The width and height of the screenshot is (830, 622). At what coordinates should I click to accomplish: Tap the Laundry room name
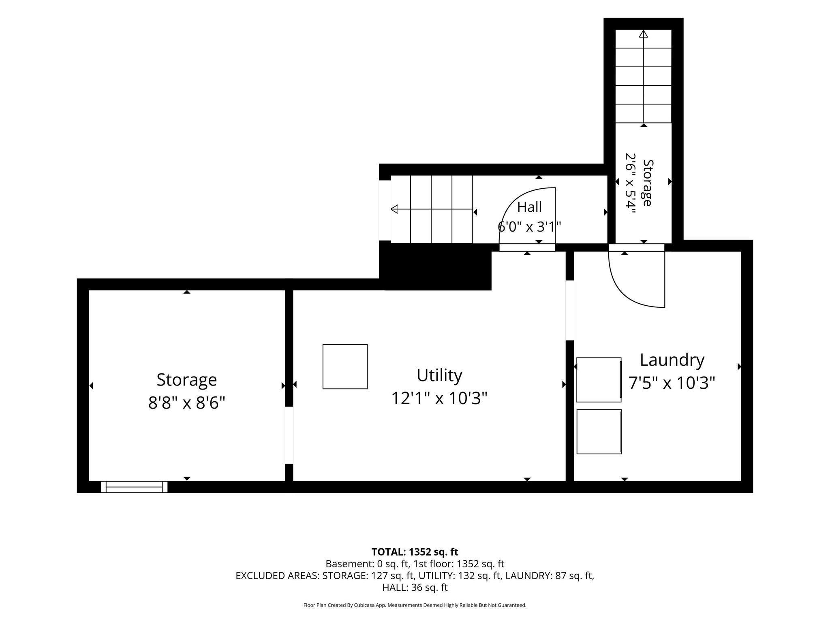pyautogui.click(x=672, y=360)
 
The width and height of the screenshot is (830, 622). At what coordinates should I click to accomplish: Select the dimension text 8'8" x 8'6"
pyautogui.click(x=186, y=403)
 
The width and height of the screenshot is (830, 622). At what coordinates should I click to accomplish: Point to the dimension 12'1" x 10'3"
pyautogui.click(x=439, y=398)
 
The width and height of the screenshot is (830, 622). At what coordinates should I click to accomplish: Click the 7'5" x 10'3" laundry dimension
pyautogui.click(x=672, y=383)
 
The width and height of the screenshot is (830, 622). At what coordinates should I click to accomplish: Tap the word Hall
pyautogui.click(x=529, y=207)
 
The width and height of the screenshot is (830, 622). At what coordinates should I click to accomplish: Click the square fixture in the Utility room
pyautogui.click(x=345, y=366)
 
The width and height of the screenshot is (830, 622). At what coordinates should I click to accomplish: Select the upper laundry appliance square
pyautogui.click(x=599, y=380)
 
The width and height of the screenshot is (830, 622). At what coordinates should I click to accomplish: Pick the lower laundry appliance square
pyautogui.click(x=599, y=432)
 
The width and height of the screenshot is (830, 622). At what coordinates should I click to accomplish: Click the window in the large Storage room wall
pyautogui.click(x=134, y=487)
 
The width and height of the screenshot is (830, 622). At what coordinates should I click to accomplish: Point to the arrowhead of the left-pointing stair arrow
pyautogui.click(x=394, y=209)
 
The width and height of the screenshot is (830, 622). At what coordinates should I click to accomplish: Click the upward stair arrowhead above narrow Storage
pyautogui.click(x=644, y=34)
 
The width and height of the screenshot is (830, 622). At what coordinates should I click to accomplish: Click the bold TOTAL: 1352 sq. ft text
pyautogui.click(x=415, y=552)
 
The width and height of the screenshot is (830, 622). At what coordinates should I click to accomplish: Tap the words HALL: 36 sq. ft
pyautogui.click(x=415, y=588)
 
